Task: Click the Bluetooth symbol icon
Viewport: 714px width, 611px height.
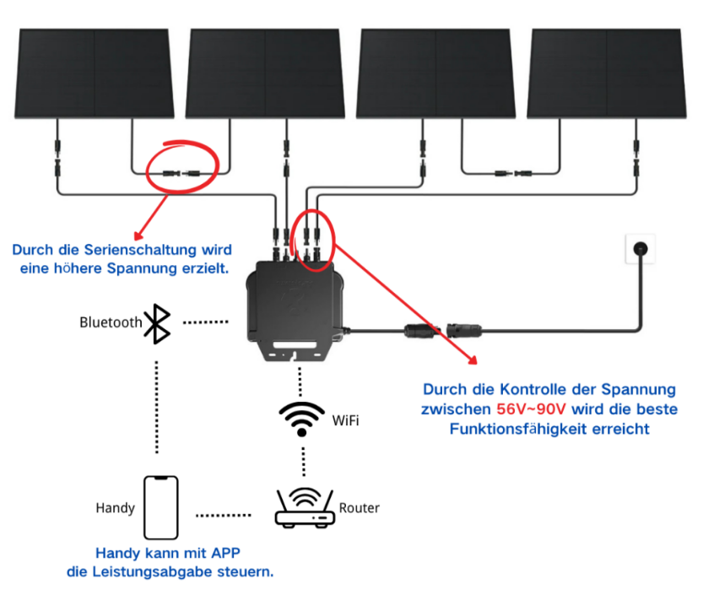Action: tap(157, 322)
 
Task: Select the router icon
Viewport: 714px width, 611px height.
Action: tap(305, 509)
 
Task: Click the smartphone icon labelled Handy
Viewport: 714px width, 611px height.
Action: tap(160, 507)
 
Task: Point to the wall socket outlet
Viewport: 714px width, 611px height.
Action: tap(639, 250)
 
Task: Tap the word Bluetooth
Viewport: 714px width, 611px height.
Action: tap(111, 322)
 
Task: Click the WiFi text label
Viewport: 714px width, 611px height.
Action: tap(345, 419)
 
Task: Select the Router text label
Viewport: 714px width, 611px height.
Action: tap(359, 508)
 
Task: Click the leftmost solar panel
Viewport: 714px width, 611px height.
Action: tap(94, 73)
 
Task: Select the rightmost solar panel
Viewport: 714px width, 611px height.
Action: tap(607, 73)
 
